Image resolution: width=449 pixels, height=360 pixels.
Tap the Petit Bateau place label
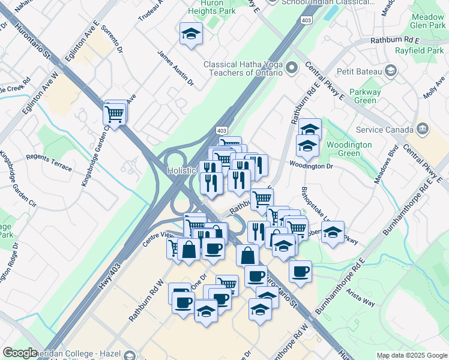(x=360, y=72)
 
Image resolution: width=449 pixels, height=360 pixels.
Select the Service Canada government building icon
(x=422, y=129)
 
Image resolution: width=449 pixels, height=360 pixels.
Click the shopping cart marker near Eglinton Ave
(x=115, y=112)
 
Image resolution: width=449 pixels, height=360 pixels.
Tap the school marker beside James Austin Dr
(x=191, y=34)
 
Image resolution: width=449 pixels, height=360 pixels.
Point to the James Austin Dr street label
(x=175, y=67)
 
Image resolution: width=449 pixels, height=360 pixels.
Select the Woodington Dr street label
(x=310, y=165)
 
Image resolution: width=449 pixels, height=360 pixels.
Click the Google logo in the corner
(x=20, y=353)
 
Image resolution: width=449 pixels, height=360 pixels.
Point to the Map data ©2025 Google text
(x=412, y=355)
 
